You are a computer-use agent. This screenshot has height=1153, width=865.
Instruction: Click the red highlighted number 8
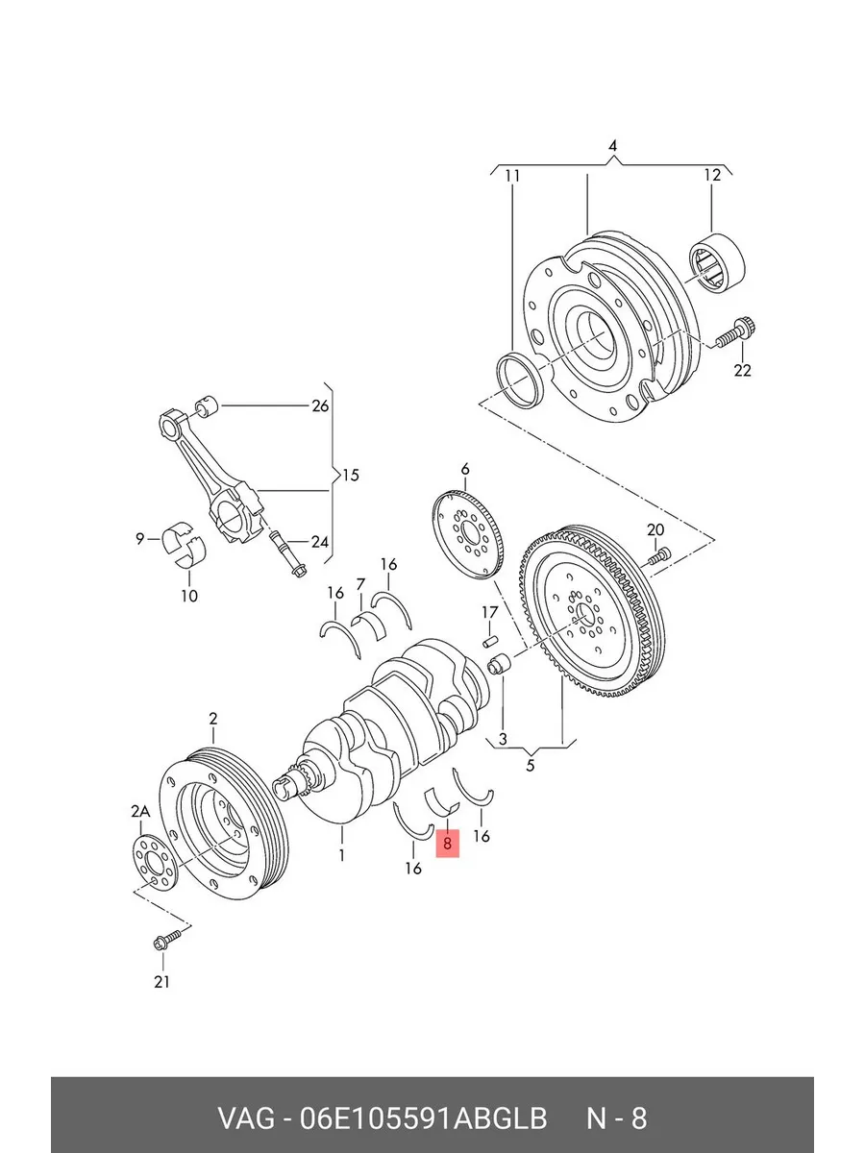tap(447, 844)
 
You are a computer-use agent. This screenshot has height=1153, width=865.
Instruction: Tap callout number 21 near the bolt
tap(161, 981)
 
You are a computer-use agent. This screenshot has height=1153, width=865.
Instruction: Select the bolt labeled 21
tap(167, 939)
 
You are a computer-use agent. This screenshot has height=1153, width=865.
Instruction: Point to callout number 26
tap(320, 406)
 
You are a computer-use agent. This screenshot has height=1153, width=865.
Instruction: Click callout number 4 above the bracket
tap(612, 146)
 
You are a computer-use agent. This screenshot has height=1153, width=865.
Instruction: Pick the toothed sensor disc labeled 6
tap(467, 535)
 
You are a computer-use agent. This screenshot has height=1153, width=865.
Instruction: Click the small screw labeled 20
tap(660, 556)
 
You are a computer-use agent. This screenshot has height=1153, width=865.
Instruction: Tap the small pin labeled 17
tap(490, 642)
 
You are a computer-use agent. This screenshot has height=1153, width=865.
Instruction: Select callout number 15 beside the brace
tap(350, 476)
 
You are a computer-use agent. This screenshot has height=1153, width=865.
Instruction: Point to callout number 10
tap(189, 596)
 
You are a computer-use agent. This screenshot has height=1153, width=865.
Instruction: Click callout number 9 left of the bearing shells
tap(139, 538)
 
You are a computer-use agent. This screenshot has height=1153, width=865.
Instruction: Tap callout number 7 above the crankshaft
tap(360, 584)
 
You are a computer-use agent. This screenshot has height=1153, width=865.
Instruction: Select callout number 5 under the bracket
tap(530, 766)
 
